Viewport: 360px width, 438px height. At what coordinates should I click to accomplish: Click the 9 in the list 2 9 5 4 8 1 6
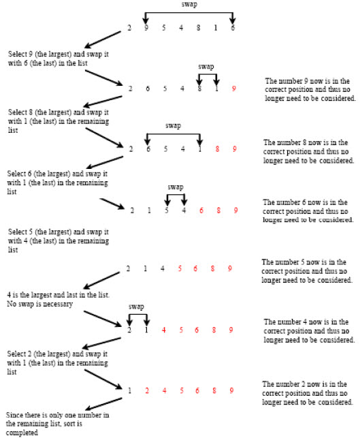coord(146,27)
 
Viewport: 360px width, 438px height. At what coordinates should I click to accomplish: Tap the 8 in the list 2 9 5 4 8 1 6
coord(198,27)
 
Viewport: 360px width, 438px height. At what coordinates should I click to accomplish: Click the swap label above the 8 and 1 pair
coord(206,67)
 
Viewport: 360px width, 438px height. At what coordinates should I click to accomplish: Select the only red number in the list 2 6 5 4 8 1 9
coord(234,89)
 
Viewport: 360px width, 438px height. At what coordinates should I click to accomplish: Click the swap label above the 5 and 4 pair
coord(176,187)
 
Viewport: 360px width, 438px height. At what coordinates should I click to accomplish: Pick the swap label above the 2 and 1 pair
coord(136,307)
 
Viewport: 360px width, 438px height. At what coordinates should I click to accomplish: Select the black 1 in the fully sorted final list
coord(130,390)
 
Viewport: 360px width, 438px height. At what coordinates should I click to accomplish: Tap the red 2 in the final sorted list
coord(147,390)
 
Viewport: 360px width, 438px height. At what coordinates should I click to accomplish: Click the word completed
coord(22,433)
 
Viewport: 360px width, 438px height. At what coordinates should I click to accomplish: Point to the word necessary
coord(59,304)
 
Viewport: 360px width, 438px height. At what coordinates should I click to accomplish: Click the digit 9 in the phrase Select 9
coord(31,54)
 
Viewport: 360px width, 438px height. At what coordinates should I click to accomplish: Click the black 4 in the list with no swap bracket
coord(163,268)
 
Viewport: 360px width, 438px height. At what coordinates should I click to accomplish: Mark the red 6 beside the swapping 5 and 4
coord(201,210)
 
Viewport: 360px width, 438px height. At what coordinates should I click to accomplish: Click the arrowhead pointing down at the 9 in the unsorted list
coord(146,20)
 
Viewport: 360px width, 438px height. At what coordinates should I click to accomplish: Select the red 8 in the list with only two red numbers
coord(217,149)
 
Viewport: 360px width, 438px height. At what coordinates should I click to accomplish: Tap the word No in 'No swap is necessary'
coord(12,304)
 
